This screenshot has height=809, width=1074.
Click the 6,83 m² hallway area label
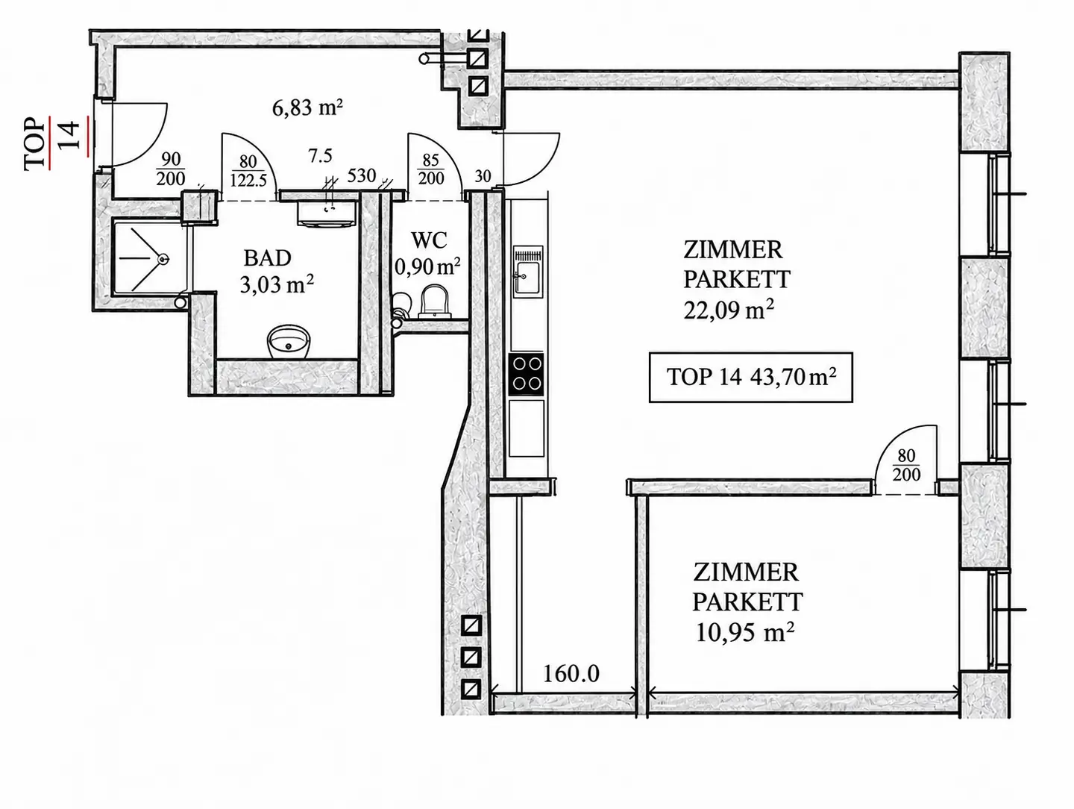[307, 107]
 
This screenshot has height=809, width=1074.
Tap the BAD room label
[267, 258]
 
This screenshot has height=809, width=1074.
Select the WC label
[429, 240]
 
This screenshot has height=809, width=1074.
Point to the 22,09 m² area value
[729, 309]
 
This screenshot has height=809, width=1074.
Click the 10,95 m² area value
[744, 632]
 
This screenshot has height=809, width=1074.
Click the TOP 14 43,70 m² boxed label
[750, 377]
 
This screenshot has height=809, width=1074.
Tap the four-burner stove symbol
[527, 374]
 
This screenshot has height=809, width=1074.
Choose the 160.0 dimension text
[571, 674]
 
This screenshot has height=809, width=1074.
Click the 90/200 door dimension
[171, 169]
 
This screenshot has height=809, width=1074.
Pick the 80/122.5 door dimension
[248, 171]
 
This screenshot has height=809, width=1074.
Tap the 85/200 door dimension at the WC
[430, 169]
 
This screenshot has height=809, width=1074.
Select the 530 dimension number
[361, 175]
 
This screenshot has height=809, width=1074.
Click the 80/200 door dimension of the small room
[906, 465]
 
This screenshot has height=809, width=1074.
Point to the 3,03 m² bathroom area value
[277, 284]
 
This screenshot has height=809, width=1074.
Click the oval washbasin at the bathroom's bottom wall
[289, 340]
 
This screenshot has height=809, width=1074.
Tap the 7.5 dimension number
[320, 156]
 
